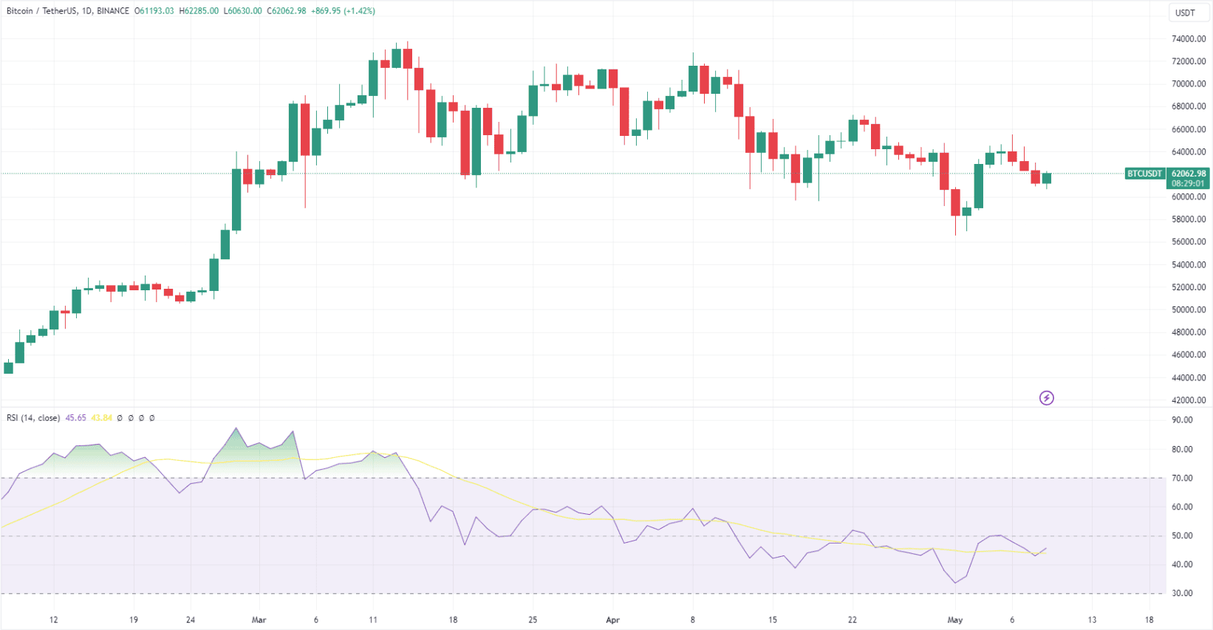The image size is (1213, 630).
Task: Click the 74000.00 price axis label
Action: (x=1188, y=39)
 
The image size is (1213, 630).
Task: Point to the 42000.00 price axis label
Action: (x=1188, y=400)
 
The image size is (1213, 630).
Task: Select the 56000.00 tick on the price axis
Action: (x=1188, y=242)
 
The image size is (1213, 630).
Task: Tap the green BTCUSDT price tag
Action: (x=1144, y=174)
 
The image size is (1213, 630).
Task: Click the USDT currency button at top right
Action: (x=1185, y=13)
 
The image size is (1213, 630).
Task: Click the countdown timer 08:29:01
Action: (x=1188, y=183)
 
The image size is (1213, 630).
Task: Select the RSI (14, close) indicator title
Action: (x=33, y=418)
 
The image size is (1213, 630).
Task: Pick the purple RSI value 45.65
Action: (x=75, y=418)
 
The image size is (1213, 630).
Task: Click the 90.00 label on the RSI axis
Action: (x=1182, y=420)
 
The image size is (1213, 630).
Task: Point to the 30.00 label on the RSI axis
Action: (x=1182, y=593)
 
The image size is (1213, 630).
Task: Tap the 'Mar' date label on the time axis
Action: (x=259, y=620)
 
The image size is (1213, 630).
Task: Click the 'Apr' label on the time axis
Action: (x=612, y=620)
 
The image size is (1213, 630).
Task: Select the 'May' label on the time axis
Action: (x=955, y=620)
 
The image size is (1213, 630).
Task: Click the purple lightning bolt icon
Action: (x=1046, y=398)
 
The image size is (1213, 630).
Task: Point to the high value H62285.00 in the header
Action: (x=199, y=11)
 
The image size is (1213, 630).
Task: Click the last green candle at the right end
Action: (x=1046, y=178)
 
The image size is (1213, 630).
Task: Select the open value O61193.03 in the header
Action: (x=154, y=11)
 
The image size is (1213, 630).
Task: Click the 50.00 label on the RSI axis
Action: (x=1182, y=535)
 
